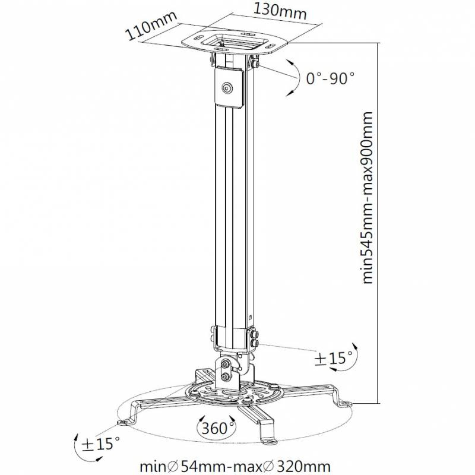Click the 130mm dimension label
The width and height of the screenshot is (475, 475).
click(279, 11)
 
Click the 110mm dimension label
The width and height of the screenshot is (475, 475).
click(151, 26)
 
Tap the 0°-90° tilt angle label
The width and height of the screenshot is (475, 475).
click(330, 78)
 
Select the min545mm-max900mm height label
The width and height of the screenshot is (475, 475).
click(367, 197)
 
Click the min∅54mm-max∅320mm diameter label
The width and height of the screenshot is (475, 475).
click(235, 467)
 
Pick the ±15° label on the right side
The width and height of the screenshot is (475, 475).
click(334, 358)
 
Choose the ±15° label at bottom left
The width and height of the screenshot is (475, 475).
click(101, 444)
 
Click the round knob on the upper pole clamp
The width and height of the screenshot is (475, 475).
click(227, 88)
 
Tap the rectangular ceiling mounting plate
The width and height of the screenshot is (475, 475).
click(234, 43)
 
